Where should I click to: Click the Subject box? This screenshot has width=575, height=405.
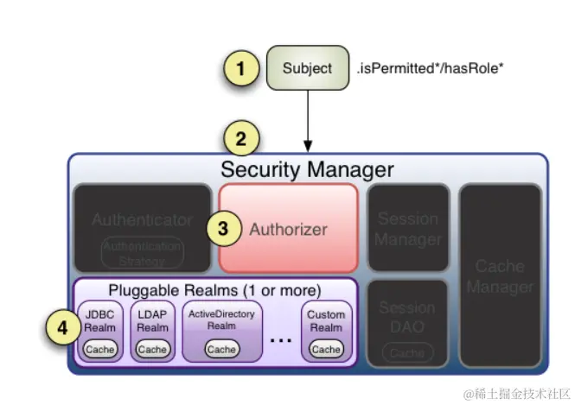point(307,67)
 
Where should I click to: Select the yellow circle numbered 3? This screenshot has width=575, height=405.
point(223,229)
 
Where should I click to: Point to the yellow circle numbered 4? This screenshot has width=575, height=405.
point(61,329)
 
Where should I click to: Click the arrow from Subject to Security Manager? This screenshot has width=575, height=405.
point(307,120)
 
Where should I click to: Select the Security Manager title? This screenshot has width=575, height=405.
point(307,168)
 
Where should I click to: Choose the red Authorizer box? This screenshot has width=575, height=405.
point(288,229)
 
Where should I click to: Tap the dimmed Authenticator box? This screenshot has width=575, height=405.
point(142,221)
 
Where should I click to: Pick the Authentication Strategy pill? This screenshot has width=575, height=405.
point(143,252)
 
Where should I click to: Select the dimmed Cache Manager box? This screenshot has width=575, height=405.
point(500,275)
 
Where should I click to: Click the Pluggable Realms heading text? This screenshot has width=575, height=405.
point(214,289)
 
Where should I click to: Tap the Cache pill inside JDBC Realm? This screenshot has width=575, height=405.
point(100,349)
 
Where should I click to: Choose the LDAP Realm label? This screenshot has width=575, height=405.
point(152,321)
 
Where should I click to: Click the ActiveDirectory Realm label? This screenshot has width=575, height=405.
point(221,320)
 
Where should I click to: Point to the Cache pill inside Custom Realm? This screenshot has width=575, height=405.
point(326,349)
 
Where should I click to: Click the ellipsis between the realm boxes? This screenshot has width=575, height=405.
point(281,339)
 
